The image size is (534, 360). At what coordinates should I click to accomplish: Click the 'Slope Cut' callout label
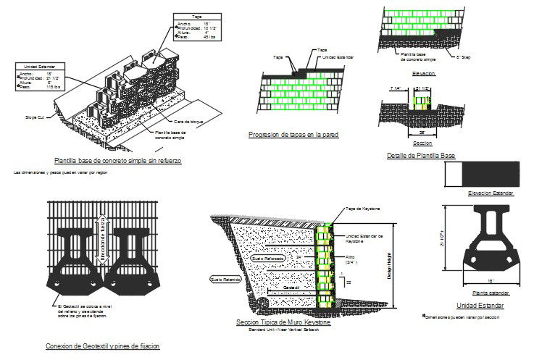(36, 116)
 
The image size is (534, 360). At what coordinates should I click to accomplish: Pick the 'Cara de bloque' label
(185, 121)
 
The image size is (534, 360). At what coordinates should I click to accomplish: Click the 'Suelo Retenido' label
(225, 277)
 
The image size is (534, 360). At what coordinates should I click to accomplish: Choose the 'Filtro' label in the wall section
(351, 257)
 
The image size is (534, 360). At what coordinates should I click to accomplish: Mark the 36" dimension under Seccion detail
(421, 133)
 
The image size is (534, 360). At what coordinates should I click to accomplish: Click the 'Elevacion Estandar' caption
(491, 193)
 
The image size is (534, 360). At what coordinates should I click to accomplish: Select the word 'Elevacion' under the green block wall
(422, 74)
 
